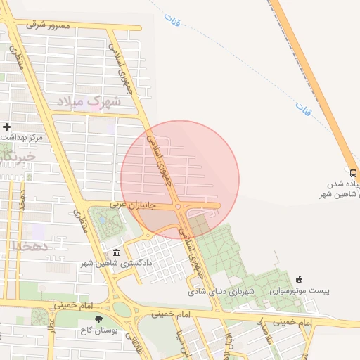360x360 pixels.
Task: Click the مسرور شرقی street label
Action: [x=49, y=25]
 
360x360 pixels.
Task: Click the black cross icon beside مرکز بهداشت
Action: [x=7, y=127]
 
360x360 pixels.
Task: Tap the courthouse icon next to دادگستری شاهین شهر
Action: [x=116, y=253]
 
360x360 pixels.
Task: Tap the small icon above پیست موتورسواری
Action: [x=300, y=279]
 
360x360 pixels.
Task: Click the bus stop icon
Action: [x=352, y=172]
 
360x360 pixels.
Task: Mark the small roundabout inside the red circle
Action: [x=179, y=207]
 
